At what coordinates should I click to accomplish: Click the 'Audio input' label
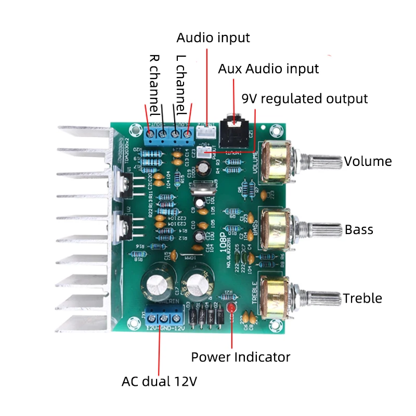click(x=213, y=38)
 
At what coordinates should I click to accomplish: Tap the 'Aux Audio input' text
click(x=268, y=69)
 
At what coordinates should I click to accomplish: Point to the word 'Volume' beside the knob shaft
click(x=368, y=161)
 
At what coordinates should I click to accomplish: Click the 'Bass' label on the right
click(x=359, y=229)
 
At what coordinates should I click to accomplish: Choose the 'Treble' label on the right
click(x=362, y=298)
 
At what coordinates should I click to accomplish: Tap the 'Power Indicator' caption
click(x=240, y=357)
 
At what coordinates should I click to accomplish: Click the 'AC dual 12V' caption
click(x=159, y=381)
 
